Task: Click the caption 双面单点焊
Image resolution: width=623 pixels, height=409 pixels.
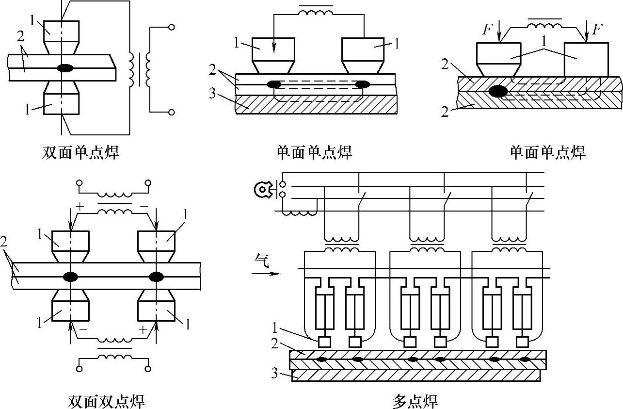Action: [x=80, y=153]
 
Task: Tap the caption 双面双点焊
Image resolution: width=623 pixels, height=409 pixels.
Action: [x=107, y=401]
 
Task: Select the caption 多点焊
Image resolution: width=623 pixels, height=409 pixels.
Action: [x=415, y=401]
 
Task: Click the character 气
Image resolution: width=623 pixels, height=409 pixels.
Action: [x=260, y=262]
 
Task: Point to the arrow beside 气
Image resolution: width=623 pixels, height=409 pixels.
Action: [x=266, y=274]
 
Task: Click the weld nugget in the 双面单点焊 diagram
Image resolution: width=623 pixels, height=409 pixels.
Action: [x=65, y=68]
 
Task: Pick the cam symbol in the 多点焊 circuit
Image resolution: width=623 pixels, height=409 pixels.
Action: [x=262, y=190]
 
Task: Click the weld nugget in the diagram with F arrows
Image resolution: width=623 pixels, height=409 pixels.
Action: [x=498, y=90]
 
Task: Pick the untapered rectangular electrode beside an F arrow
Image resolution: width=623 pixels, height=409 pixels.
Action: [x=586, y=59]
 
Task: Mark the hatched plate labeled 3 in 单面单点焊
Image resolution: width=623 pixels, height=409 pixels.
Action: [x=315, y=104]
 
